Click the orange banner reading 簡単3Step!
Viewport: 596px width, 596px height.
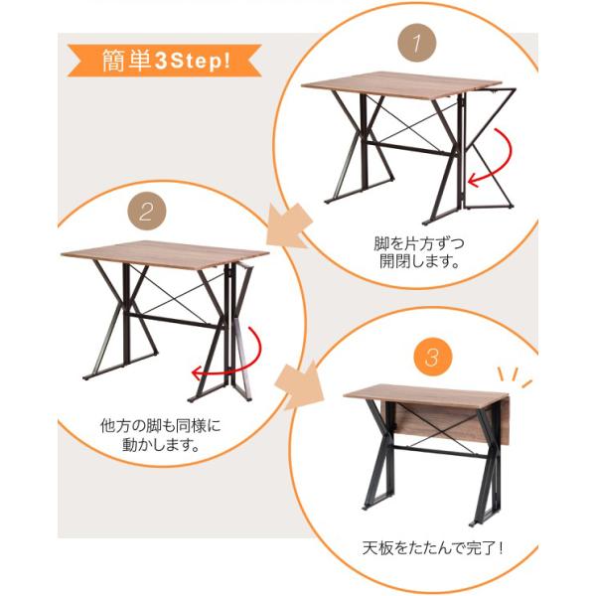(x=165, y=61)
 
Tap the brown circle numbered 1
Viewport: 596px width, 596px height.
(x=416, y=42)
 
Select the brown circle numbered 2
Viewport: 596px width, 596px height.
(x=147, y=212)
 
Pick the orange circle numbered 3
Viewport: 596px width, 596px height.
(x=433, y=357)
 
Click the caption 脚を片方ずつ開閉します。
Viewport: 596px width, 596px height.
(x=419, y=252)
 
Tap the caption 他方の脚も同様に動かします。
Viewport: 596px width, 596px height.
(x=160, y=435)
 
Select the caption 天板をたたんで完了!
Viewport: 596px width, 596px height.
(x=432, y=547)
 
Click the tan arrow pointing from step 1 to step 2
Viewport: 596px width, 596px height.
(x=288, y=226)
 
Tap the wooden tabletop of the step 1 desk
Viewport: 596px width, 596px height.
(x=401, y=84)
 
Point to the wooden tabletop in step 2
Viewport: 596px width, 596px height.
(x=165, y=254)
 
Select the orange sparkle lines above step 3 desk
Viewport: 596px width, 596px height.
(x=514, y=375)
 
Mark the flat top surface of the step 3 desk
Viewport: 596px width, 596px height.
(x=424, y=395)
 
